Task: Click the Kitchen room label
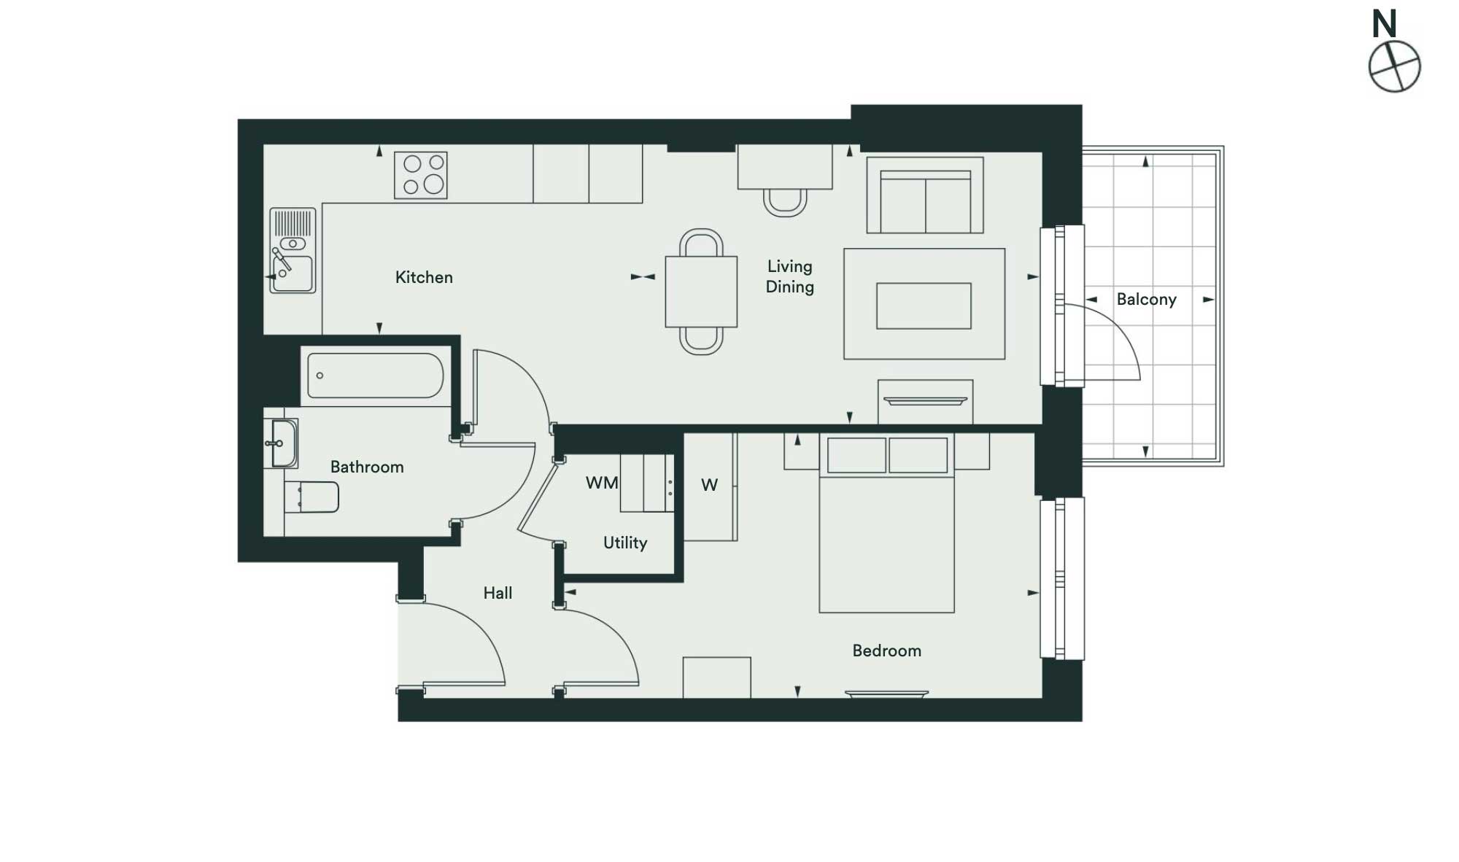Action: point(424,277)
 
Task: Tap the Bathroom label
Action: point(367,467)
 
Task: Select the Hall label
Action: point(498,593)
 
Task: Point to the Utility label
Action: point(625,543)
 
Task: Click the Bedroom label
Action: point(886,651)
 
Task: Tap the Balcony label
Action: point(1146,299)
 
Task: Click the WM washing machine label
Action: point(602,483)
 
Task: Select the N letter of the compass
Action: point(1384,24)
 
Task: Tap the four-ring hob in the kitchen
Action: point(421,175)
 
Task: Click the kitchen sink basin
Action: point(293,273)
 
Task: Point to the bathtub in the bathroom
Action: point(375,376)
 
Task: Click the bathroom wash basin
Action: point(285,443)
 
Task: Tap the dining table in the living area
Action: point(701,292)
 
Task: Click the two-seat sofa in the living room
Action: point(925,195)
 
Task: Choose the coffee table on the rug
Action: point(924,306)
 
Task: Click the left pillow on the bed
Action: point(856,455)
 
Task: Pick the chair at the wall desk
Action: point(785,203)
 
